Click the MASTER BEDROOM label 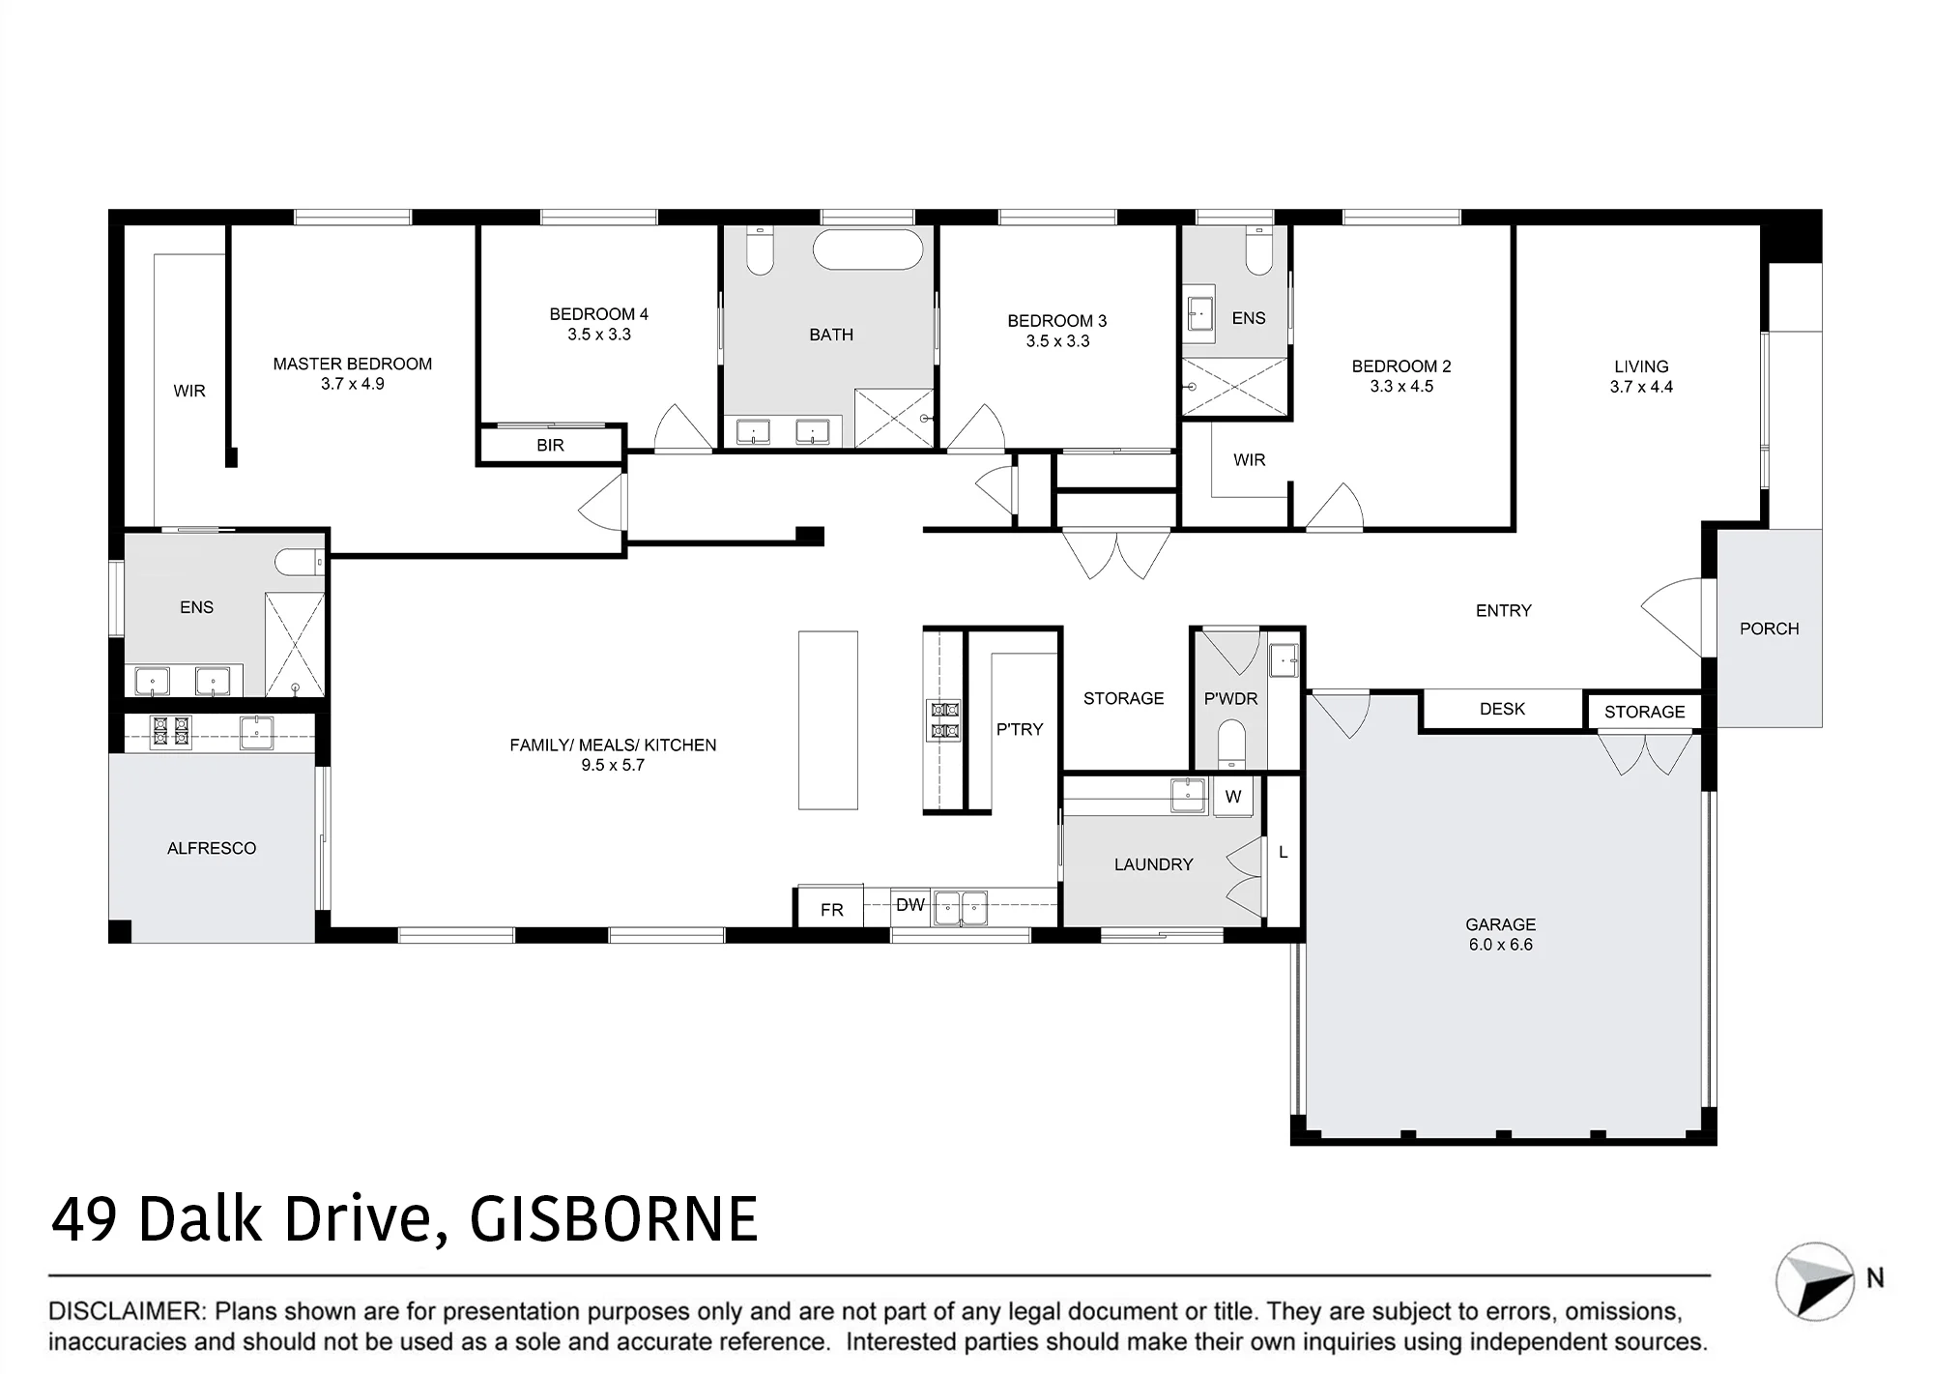click(352, 364)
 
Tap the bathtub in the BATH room click(868, 249)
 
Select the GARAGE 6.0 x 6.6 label click(1500, 934)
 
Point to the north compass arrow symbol click(1815, 1281)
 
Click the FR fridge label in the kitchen click(832, 910)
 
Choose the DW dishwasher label click(910, 905)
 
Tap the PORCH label click(1770, 629)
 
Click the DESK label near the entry click(1502, 709)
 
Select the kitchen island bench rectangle click(828, 720)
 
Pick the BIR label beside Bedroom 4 click(550, 445)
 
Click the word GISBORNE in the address click(614, 1219)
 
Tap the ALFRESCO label click(212, 848)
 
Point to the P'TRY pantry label click(1020, 729)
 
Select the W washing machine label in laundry click(1233, 797)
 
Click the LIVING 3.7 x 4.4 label click(1641, 376)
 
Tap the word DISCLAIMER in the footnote click(127, 1311)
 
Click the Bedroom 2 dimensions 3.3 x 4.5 click(1401, 386)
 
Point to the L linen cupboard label click(1284, 852)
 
